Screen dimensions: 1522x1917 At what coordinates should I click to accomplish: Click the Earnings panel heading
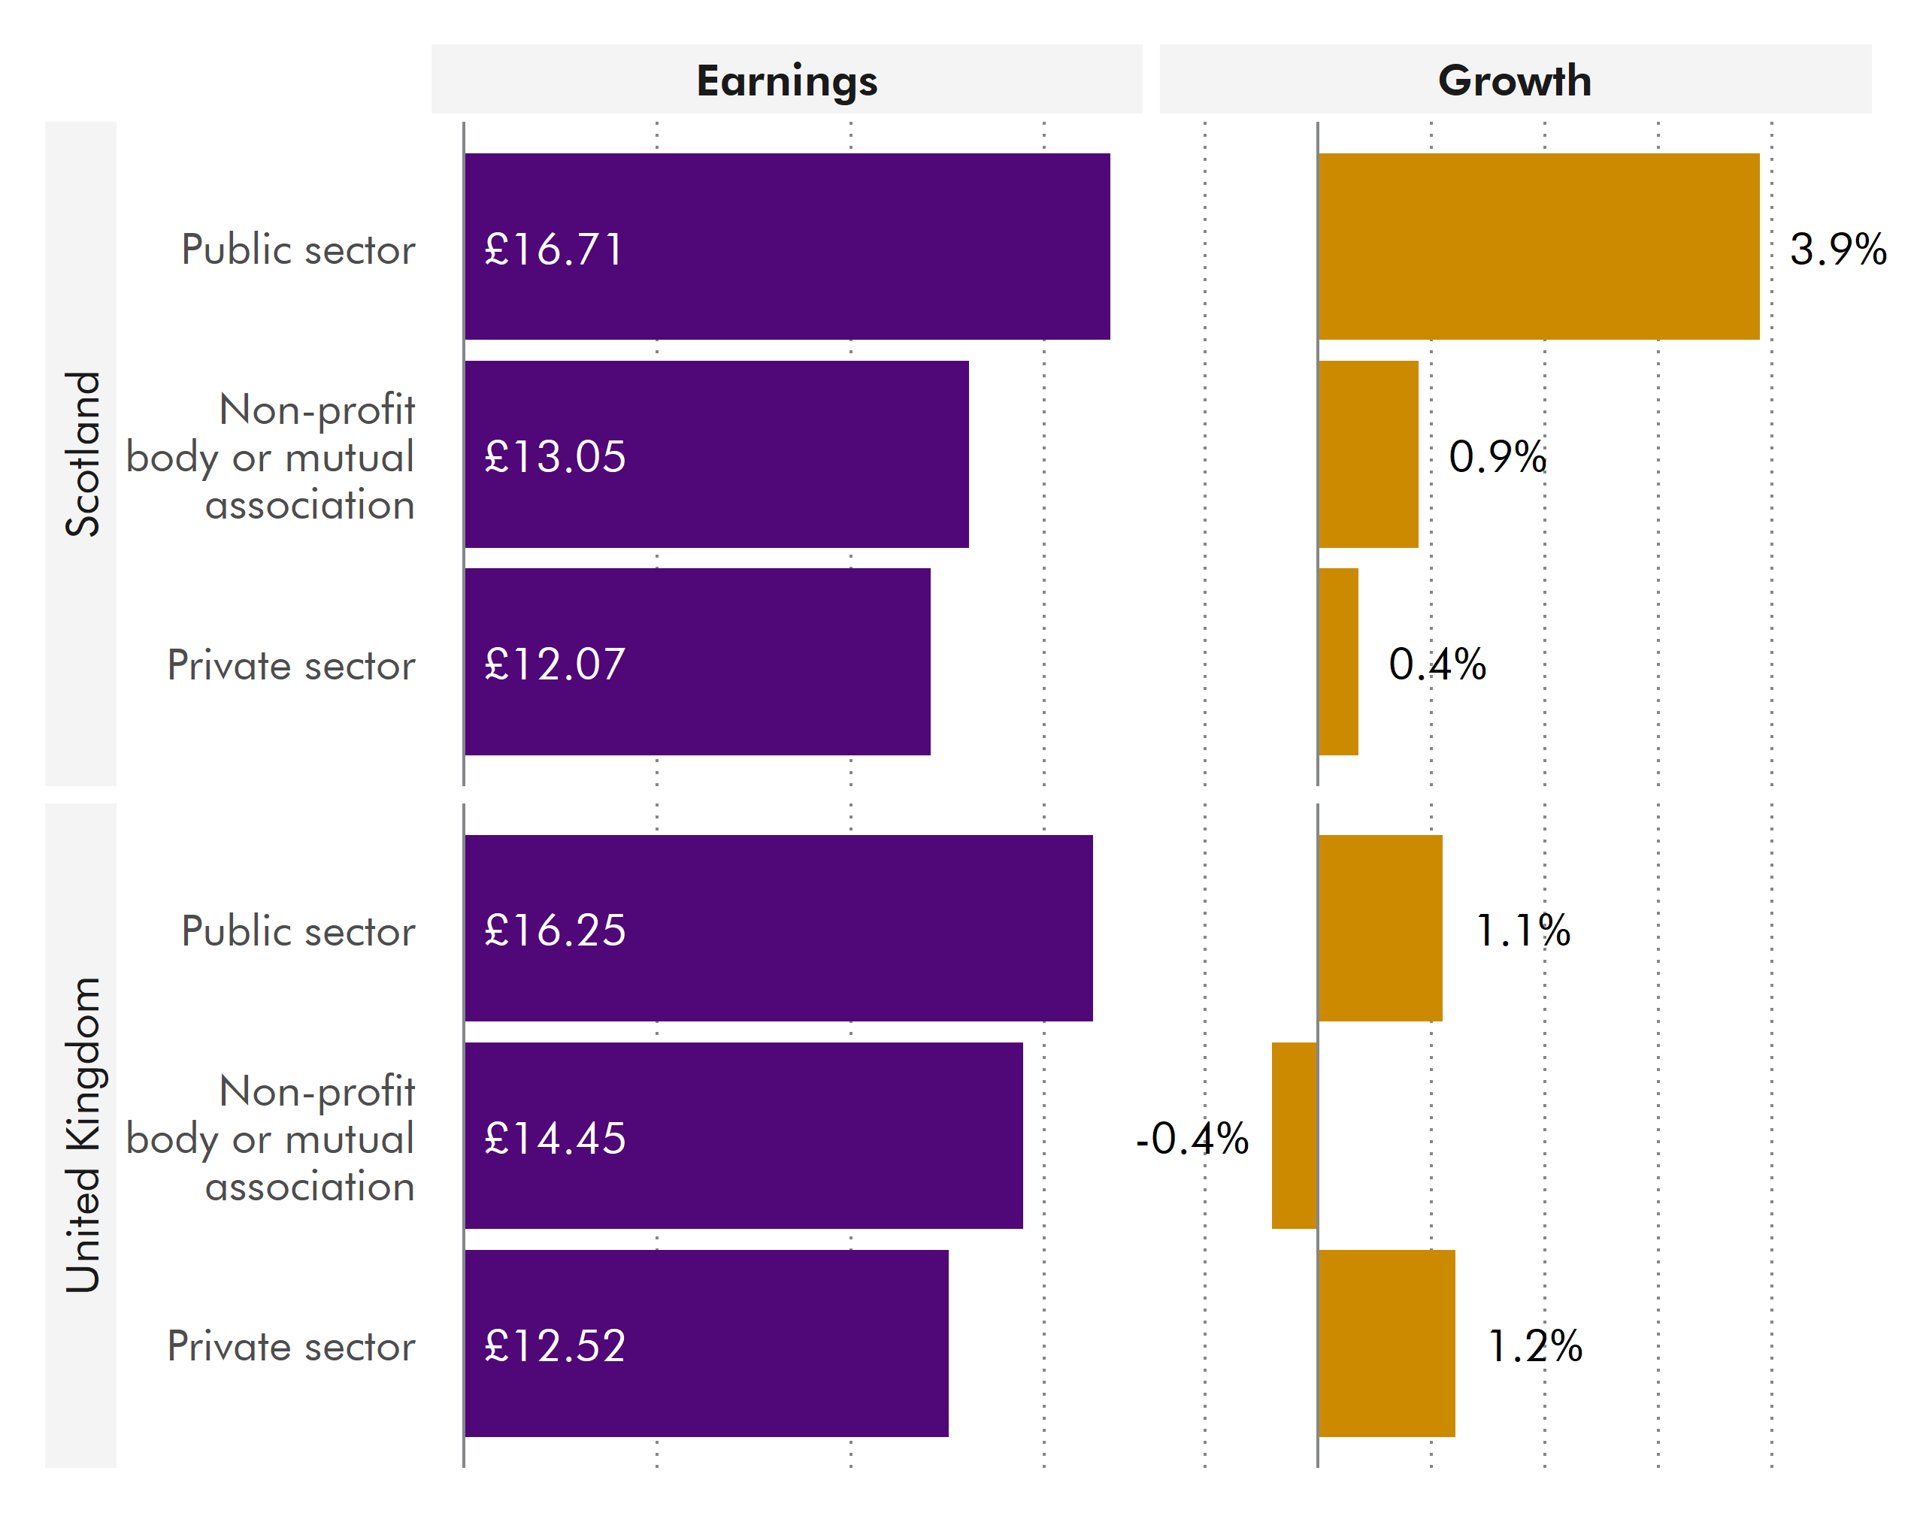coord(786,81)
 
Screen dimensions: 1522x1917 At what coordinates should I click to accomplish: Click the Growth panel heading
coord(1514,81)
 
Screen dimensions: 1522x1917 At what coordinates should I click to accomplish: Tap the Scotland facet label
coord(82,453)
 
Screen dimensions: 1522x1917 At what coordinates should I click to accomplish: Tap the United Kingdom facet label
coord(82,1134)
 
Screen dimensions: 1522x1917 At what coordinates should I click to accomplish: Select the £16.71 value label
coord(553,249)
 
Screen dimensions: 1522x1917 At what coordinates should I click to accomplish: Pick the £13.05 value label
coord(555,457)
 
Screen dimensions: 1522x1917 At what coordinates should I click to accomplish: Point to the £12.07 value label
coord(555,664)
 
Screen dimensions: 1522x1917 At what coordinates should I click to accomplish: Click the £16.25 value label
coord(555,930)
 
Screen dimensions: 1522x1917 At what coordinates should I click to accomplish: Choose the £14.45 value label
coord(555,1139)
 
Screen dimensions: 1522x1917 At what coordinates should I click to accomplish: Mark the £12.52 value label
coord(555,1346)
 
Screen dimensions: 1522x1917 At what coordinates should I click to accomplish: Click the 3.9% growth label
coord(1838,249)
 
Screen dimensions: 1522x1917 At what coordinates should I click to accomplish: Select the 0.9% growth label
coord(1498,457)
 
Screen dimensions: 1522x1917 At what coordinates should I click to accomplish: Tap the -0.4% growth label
coord(1192,1139)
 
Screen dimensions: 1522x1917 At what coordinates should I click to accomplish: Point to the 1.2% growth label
coord(1534,1346)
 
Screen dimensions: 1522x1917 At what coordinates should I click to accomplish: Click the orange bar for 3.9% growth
coord(1538,247)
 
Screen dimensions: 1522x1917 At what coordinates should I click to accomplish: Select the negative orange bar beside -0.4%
coord(1294,1135)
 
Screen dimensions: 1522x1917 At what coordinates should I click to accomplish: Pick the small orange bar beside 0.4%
coord(1338,661)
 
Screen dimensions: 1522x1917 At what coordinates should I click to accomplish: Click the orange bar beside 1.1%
coord(1380,928)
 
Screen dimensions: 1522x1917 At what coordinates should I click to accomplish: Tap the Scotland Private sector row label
coord(291,665)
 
